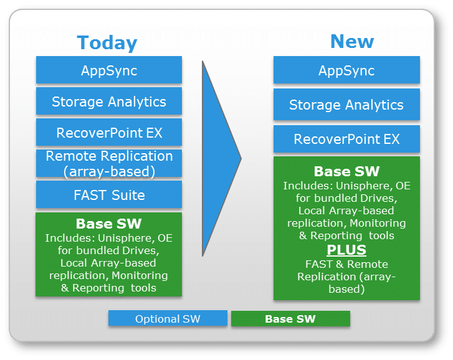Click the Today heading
[x=107, y=44]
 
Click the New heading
[x=352, y=42]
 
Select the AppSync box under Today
[x=109, y=70]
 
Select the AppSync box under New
[x=346, y=70]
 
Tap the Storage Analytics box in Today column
[x=109, y=101]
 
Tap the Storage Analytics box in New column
[x=346, y=104]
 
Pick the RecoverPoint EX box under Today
[x=109, y=132]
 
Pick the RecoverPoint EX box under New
[x=346, y=139]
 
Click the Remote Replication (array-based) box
[x=109, y=163]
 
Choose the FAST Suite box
[x=109, y=194]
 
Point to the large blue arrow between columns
[x=221, y=158]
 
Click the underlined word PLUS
[x=346, y=250]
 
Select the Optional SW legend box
[x=168, y=318]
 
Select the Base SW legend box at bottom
[x=290, y=319]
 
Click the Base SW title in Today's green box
[x=108, y=224]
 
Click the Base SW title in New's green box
[x=346, y=171]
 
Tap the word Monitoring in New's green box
[x=378, y=223]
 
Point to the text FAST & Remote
[x=346, y=264]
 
